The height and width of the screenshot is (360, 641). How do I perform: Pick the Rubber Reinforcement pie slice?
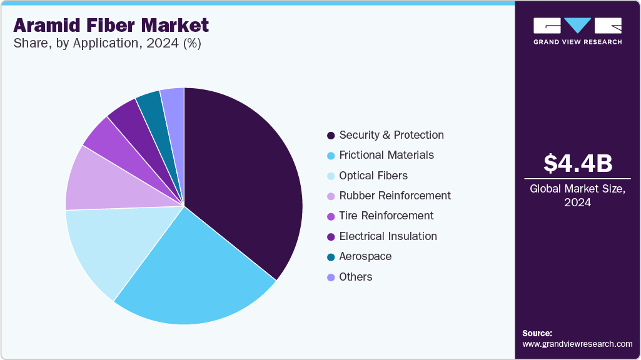(97, 181)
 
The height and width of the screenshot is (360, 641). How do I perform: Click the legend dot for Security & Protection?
(330, 136)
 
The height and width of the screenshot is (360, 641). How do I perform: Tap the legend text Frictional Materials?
(386, 155)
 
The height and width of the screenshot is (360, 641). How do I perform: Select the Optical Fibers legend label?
(373, 176)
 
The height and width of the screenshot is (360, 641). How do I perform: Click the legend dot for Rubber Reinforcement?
(330, 196)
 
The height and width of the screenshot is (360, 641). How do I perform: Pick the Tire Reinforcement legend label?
(386, 216)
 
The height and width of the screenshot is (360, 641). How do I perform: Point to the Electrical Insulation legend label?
(388, 236)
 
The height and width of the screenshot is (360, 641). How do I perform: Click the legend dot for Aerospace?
(330, 257)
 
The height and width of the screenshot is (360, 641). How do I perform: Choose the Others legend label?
(356, 277)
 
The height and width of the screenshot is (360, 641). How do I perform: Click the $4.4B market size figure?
(577, 163)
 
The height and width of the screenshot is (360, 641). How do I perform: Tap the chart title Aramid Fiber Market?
(111, 26)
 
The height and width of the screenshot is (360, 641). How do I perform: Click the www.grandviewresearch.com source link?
(577, 344)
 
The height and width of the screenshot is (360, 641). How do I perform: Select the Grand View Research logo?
(577, 30)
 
